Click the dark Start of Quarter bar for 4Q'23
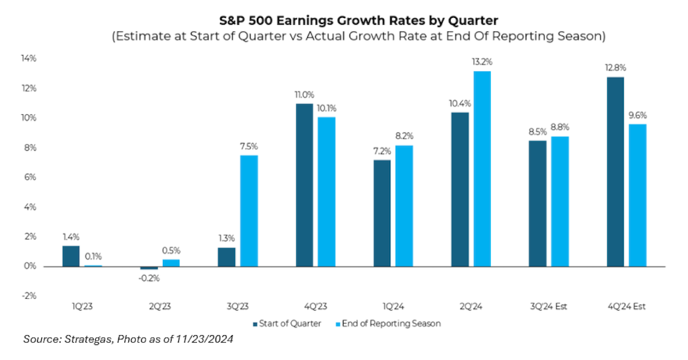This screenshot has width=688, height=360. point(304,185)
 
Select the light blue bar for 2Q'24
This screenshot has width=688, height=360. point(482,169)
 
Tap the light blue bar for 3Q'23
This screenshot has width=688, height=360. point(249,210)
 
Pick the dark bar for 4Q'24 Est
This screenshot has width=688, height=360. point(615,171)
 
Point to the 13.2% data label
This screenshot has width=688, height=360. point(482,62)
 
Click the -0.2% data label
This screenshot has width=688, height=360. point(148,278)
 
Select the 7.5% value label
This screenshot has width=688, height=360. point(249,146)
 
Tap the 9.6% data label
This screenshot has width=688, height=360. point(638,115)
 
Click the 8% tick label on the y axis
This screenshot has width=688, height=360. point(29,148)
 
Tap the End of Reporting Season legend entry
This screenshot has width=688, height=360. point(390,324)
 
